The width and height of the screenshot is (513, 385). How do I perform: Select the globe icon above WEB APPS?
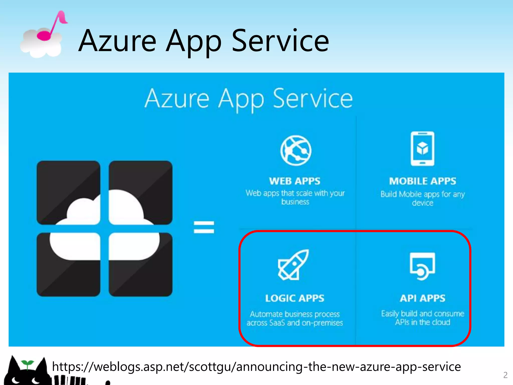pos(296,150)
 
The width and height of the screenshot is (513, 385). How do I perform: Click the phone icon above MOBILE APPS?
pos(422,148)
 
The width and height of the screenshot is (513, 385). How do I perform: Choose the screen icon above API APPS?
pos(422,266)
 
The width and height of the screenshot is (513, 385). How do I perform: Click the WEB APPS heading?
pos(295,181)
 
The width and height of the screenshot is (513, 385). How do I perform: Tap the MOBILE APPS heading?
pos(423,181)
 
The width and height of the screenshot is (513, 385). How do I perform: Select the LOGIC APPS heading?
pos(295,298)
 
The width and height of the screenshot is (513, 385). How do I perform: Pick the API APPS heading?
pos(423,298)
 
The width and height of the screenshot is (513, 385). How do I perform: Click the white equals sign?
pos(204,227)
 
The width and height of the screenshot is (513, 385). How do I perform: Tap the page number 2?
pos(505,375)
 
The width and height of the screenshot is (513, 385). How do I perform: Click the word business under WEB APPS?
pos(295,202)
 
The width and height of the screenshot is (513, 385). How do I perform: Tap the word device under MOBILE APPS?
pos(423,203)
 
